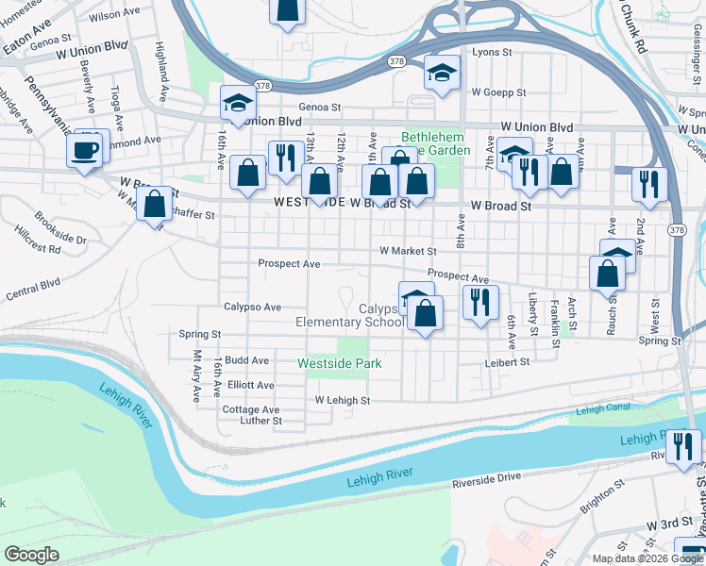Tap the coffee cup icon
85,149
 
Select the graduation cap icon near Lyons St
440,73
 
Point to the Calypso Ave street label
252,307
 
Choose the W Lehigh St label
342,400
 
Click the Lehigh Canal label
602,409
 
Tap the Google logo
31,554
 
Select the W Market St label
408,252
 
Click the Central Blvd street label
33,288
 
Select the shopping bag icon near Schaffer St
154,205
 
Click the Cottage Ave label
250,409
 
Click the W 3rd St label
669,523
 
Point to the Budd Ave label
248,360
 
